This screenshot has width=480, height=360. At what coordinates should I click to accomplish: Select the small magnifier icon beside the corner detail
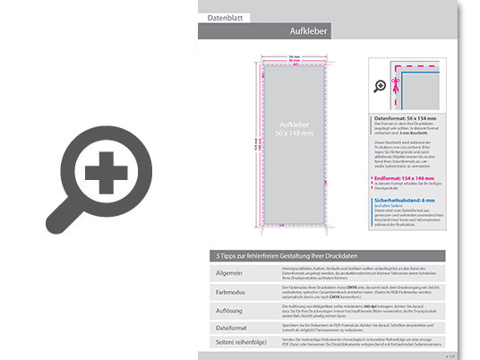[380, 86]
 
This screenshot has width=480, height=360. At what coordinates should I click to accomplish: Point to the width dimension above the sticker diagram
[294, 56]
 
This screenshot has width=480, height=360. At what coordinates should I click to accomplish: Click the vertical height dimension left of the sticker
[253, 144]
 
